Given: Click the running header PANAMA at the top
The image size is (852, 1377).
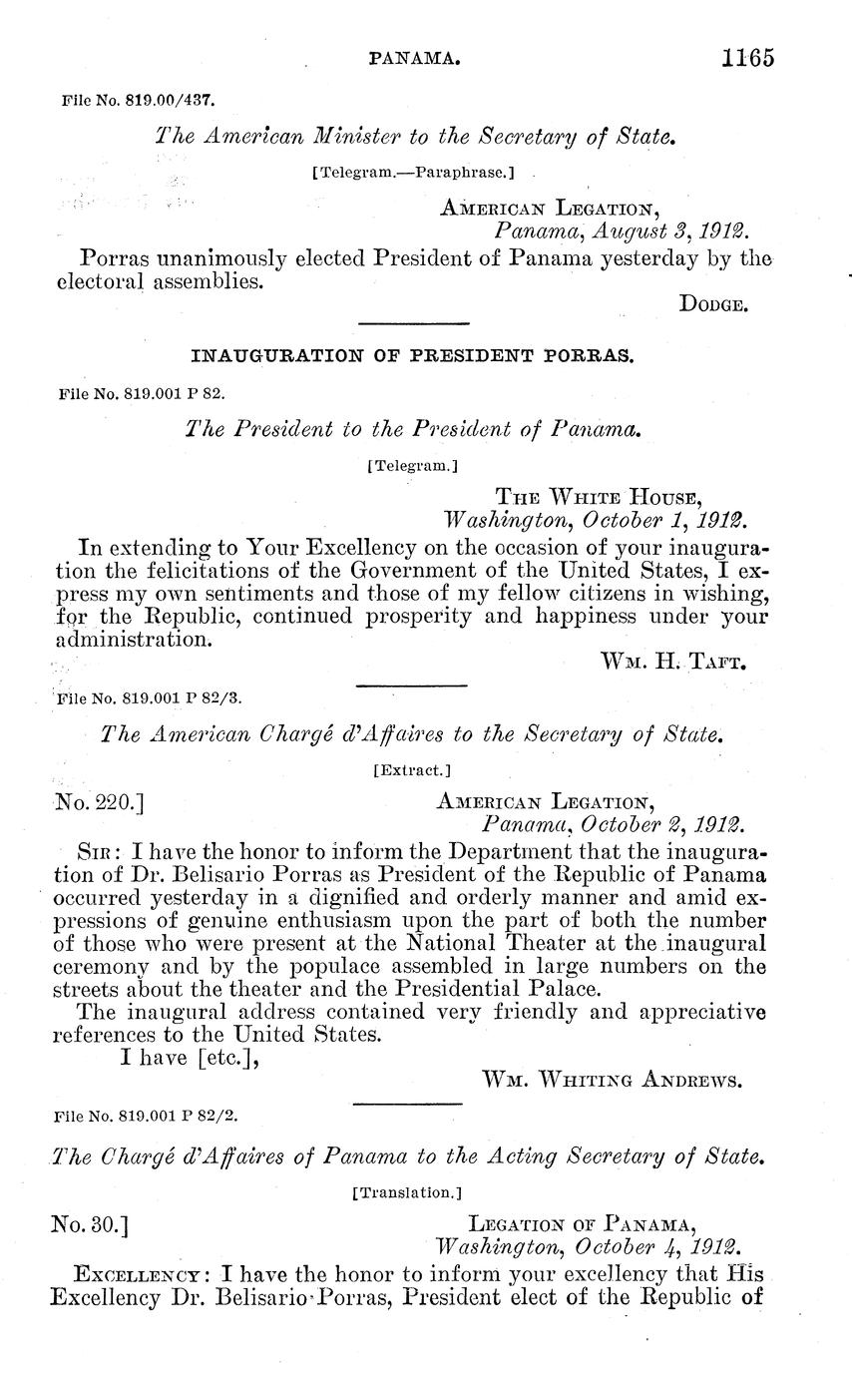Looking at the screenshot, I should (x=414, y=60).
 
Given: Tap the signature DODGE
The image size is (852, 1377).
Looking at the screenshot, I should (x=713, y=305).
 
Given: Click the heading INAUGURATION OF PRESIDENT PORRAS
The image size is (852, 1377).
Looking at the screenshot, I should (x=411, y=355).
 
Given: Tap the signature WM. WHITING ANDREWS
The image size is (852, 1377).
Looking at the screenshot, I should (x=612, y=1080).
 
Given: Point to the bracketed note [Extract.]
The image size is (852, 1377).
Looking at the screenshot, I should (x=411, y=769).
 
